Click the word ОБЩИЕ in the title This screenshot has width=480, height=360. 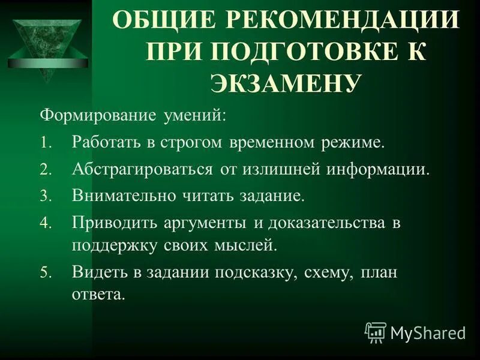[157, 23]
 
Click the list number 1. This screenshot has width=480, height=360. [47, 143]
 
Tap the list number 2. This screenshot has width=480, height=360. [47, 169]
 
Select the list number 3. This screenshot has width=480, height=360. [47, 196]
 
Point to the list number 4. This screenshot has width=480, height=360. [47, 223]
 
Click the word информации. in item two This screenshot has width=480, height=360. [378, 169]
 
